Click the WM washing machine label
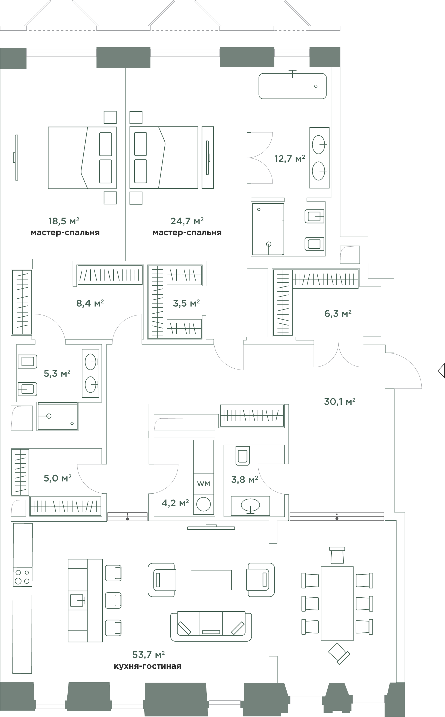pos(203,484)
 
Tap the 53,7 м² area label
pos(148,655)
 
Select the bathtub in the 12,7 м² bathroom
pos(293,86)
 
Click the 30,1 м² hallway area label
pos(340,401)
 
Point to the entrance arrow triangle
pos(441,371)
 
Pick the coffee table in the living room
pos(211,580)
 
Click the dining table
pos(337,604)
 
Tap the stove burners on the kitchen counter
pos(22,576)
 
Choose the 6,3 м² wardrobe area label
pos(338,314)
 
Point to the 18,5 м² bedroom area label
pos(64,221)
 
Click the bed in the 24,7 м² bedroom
pos(164,158)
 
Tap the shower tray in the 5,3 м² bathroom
pos(58,416)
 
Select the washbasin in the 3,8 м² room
pos(250,506)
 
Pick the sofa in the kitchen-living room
pos(211,626)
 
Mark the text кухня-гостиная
pos(148,666)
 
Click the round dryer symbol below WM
pos(203,504)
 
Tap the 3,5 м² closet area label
pos(186,303)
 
